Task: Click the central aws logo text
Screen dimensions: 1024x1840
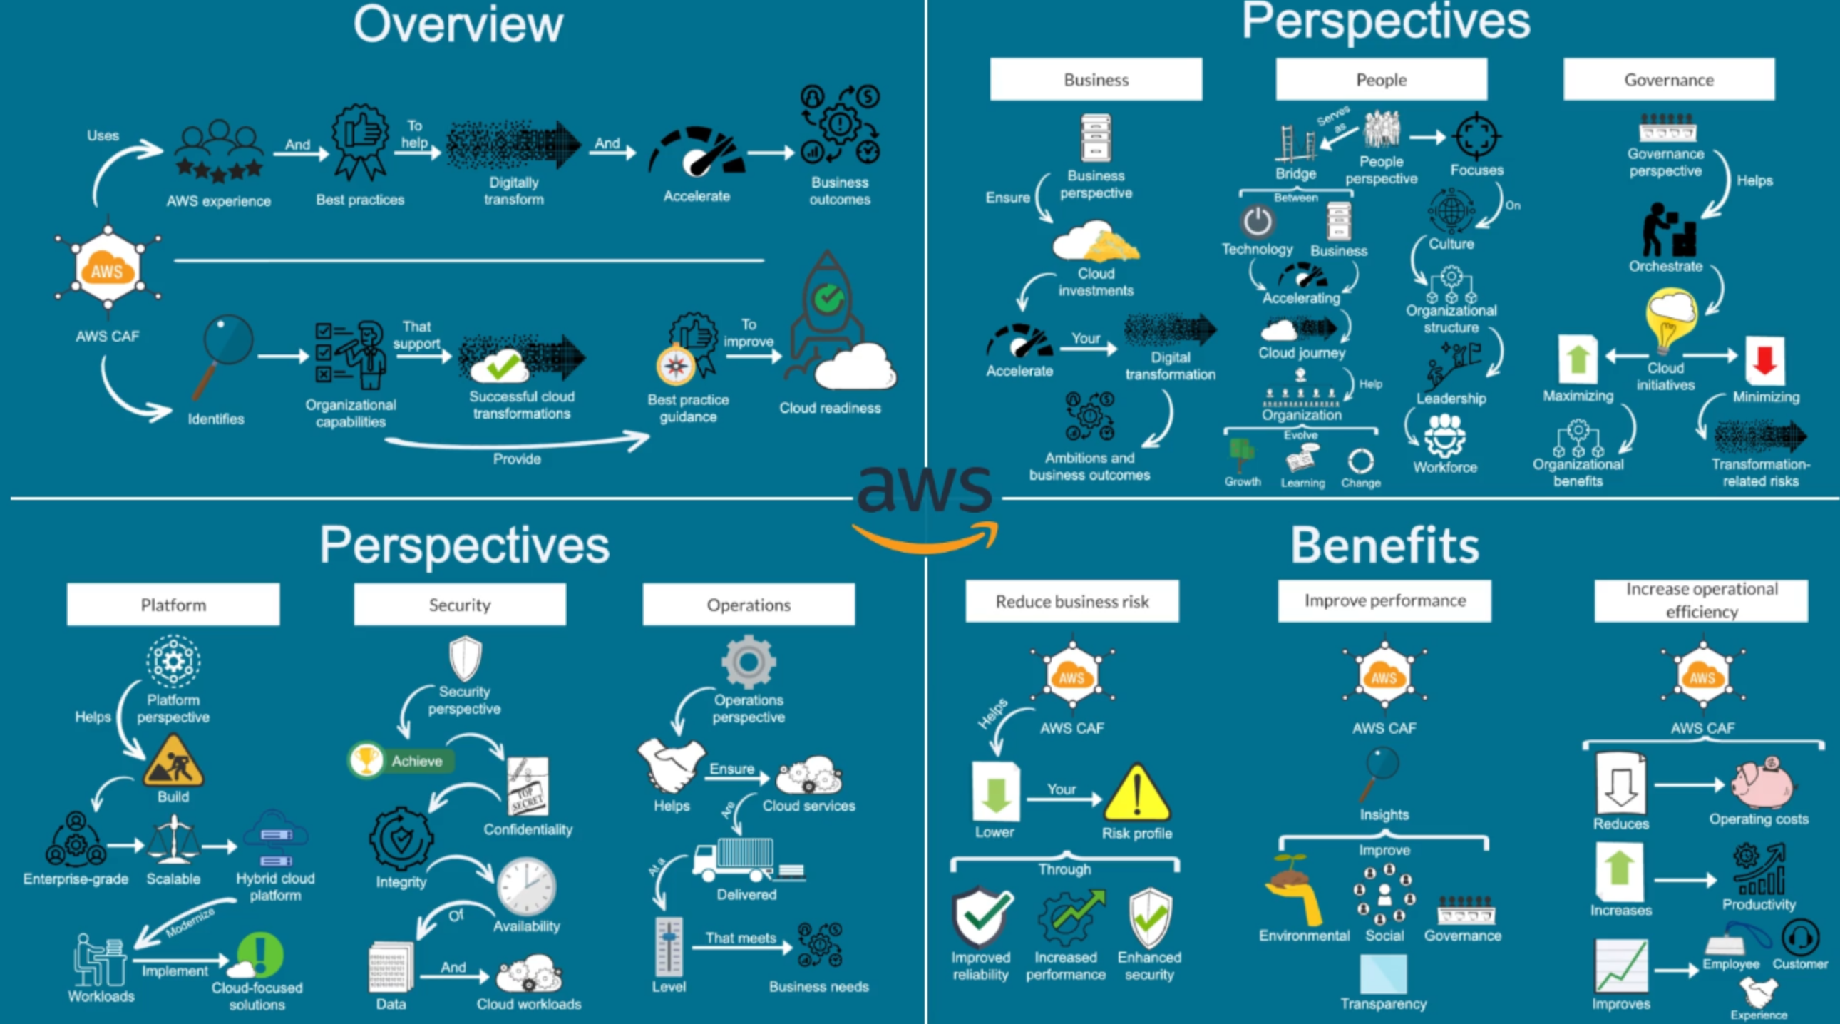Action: (925, 489)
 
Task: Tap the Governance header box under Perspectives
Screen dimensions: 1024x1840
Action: (1669, 79)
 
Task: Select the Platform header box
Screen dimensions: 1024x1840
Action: (173, 605)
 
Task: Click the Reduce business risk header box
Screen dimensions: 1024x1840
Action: (1071, 602)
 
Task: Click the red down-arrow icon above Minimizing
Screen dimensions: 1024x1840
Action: (1764, 360)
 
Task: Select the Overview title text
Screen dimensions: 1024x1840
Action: (458, 25)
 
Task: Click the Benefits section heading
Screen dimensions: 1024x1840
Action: (1384, 546)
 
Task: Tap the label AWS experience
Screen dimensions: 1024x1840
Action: (219, 202)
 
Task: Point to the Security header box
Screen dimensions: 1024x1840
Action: (459, 605)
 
